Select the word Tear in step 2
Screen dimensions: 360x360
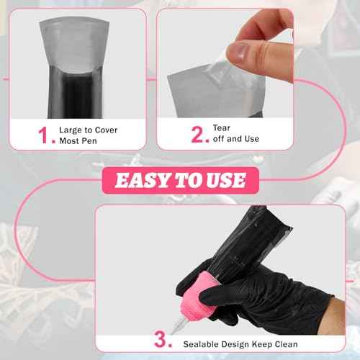click(x=222, y=127)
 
